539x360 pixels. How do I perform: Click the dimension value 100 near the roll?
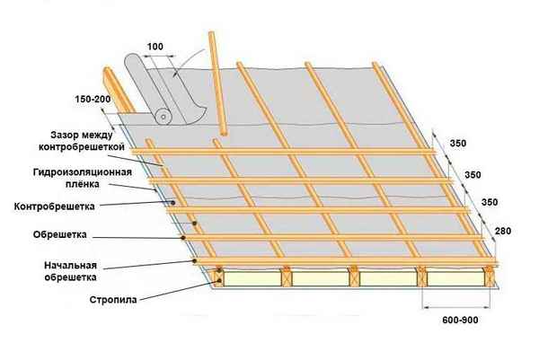pos(156,46)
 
